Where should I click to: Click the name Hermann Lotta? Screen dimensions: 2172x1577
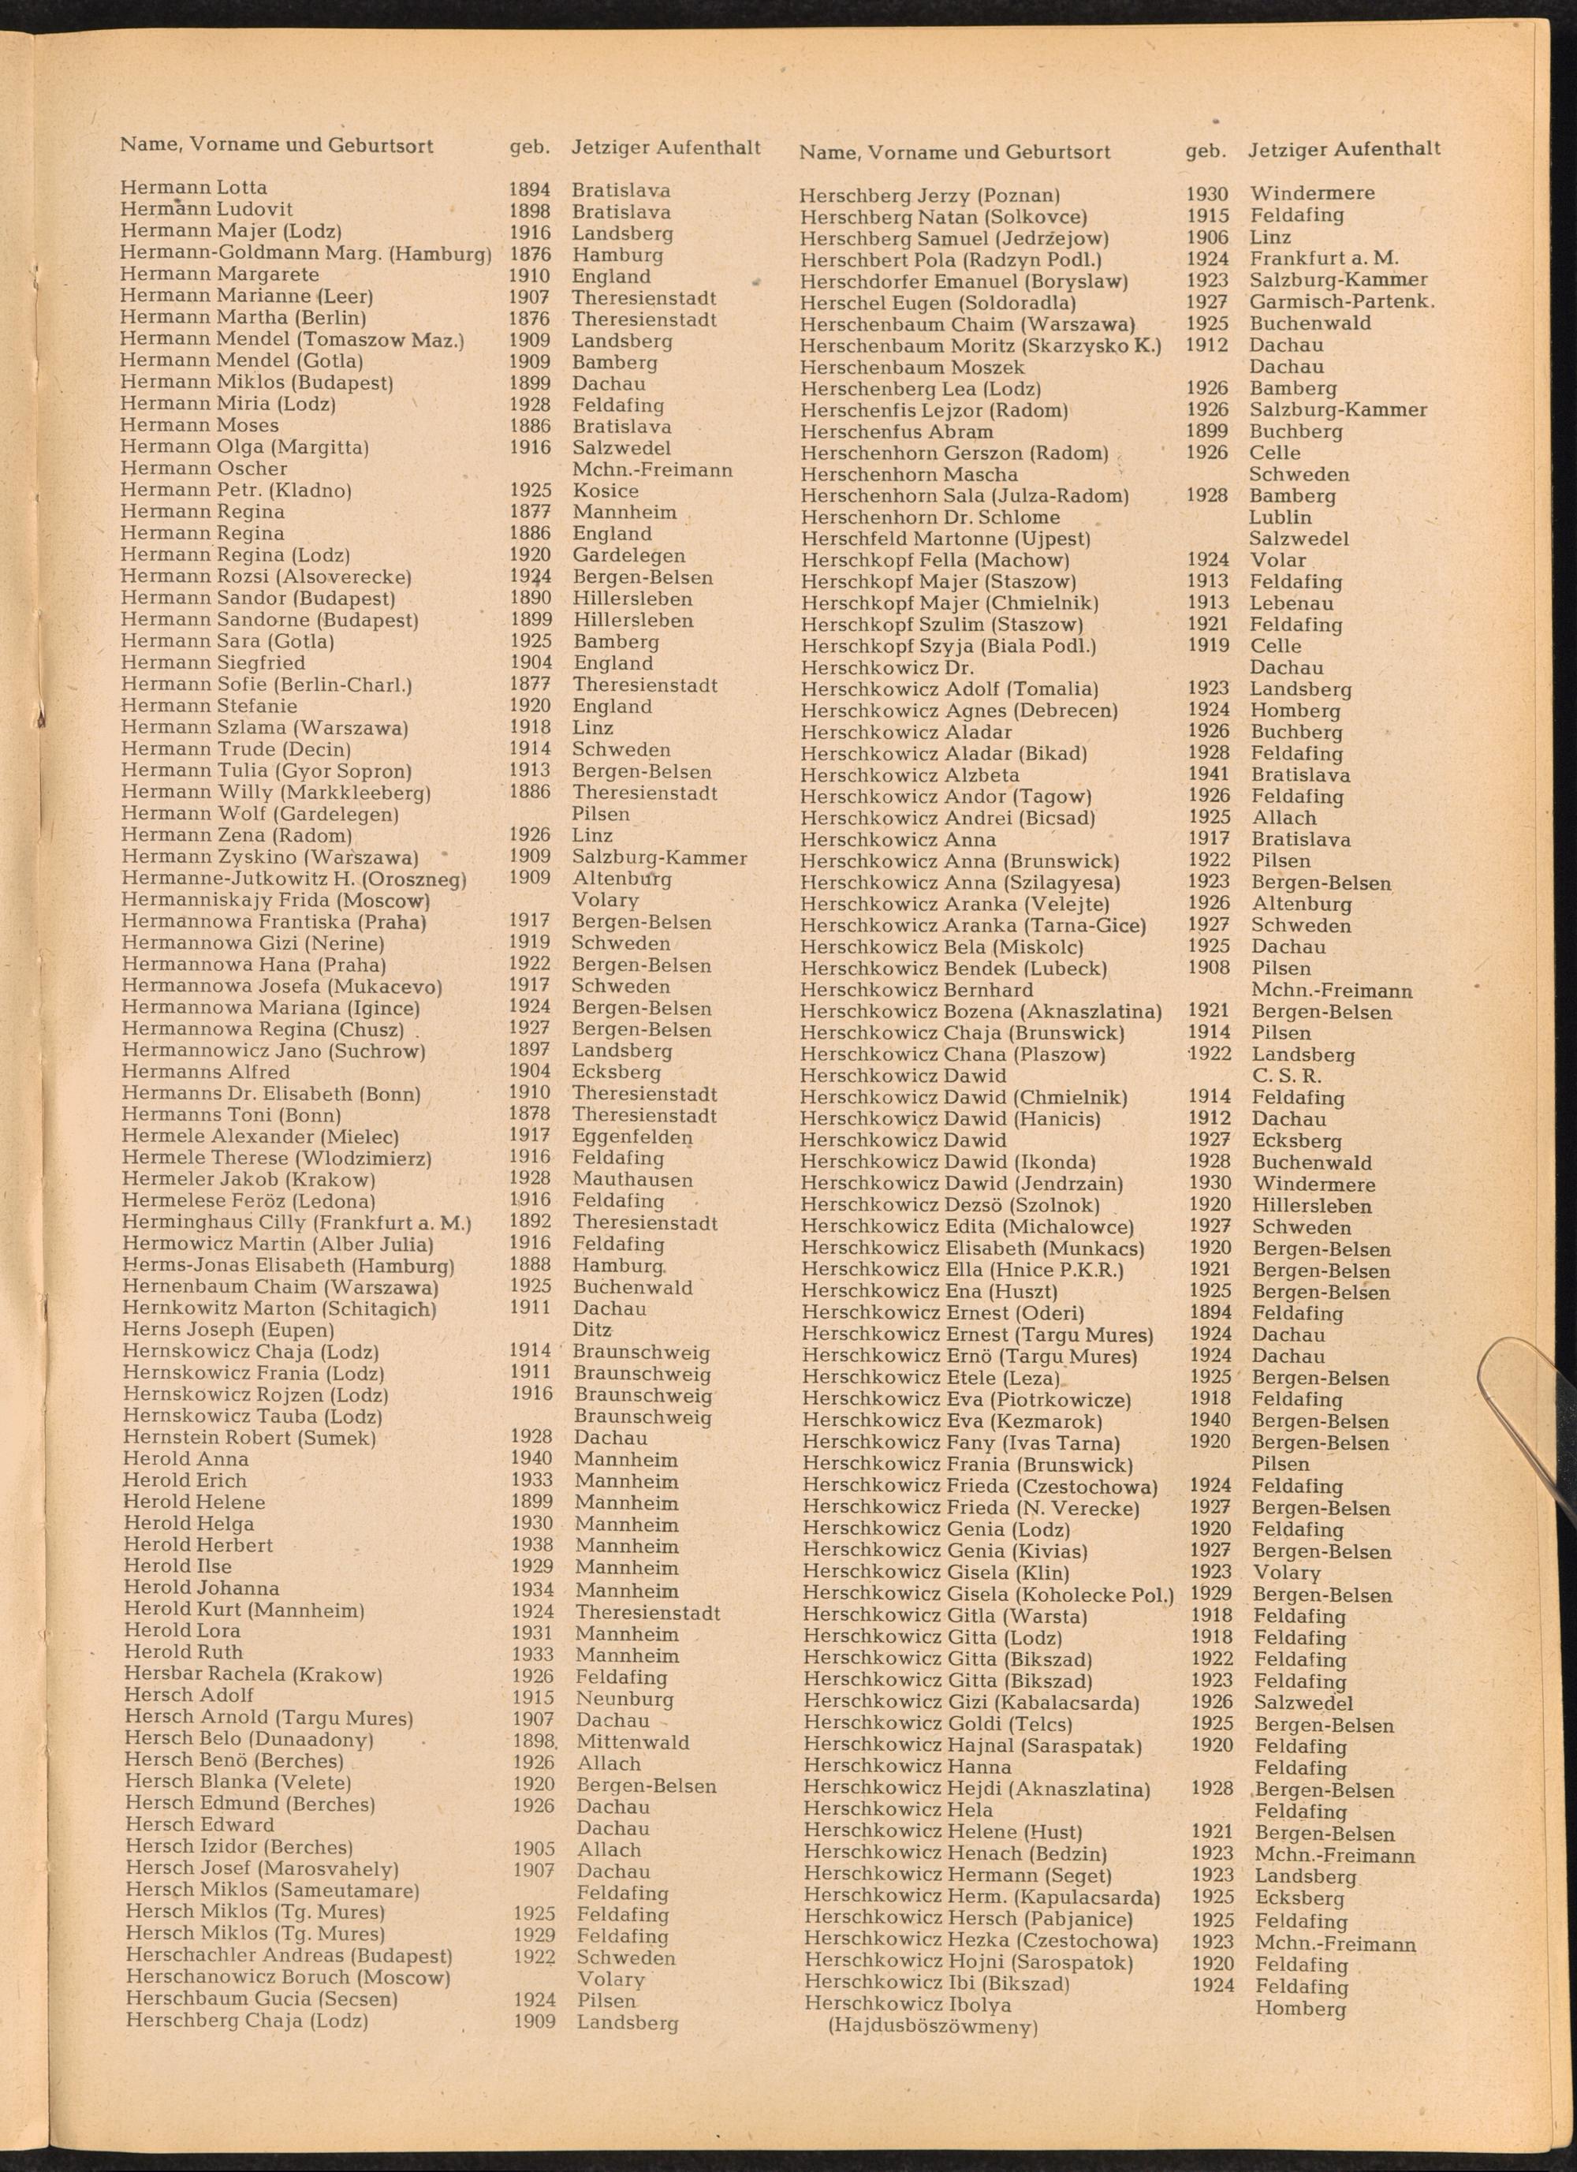click(x=193, y=188)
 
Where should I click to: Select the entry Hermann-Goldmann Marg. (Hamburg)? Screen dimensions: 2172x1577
click(x=305, y=254)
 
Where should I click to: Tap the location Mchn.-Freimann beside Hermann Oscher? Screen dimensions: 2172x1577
click(x=652, y=470)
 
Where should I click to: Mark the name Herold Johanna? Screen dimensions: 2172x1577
click(x=201, y=1588)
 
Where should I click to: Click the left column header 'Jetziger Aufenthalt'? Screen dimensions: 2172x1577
click(x=665, y=147)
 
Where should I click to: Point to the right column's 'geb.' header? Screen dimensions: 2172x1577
click(x=1206, y=151)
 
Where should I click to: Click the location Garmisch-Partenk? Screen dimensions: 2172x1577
click(x=1342, y=301)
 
